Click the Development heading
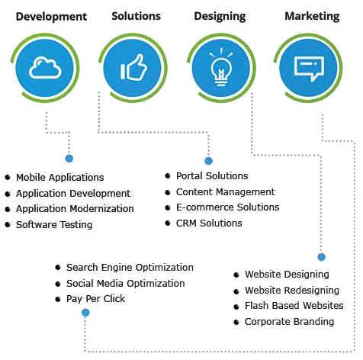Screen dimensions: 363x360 51,17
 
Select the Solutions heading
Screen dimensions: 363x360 137,16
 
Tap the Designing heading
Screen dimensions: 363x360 220,17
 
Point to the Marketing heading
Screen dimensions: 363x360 312,17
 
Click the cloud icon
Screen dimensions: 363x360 45,68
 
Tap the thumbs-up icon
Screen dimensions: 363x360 133,67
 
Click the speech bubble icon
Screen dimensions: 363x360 309,69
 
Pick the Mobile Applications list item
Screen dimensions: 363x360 60,177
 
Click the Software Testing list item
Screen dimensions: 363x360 54,225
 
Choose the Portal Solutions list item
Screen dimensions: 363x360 212,175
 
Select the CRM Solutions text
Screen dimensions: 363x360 209,223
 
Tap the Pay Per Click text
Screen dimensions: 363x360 95,299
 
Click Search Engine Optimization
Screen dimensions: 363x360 130,268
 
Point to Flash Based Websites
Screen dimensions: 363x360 294,306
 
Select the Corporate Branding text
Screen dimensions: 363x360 290,322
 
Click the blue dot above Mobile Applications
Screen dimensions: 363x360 69,159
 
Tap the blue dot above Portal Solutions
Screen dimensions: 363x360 208,161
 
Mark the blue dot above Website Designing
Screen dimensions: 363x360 322,257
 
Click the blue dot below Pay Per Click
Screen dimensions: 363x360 85,313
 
